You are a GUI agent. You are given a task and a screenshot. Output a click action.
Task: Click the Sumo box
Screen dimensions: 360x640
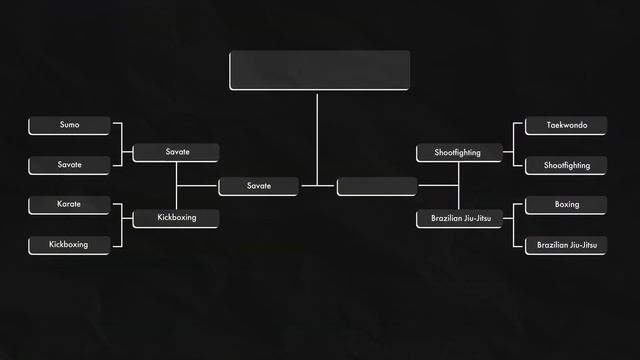point(69,125)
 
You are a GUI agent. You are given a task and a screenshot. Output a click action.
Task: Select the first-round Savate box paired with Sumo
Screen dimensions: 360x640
point(69,165)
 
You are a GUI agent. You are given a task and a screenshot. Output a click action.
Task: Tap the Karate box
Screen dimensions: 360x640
point(69,205)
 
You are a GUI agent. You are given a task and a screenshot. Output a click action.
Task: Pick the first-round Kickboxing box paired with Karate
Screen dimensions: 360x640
point(69,245)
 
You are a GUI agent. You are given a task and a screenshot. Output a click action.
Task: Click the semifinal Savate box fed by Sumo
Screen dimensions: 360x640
point(177,152)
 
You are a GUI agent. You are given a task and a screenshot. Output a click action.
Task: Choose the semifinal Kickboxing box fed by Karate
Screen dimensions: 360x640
point(177,218)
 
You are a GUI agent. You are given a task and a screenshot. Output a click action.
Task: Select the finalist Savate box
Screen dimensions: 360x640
point(258,186)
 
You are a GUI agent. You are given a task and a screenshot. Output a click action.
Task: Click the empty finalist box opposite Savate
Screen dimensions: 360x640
point(377,186)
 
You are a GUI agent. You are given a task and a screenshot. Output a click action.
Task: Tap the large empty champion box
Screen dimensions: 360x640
point(319,70)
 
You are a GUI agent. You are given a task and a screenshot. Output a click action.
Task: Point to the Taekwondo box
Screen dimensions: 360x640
point(566,126)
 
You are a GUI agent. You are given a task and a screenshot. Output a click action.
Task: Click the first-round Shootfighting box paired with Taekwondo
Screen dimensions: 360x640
point(566,165)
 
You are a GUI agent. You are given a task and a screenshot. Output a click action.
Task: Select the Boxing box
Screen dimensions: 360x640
point(566,205)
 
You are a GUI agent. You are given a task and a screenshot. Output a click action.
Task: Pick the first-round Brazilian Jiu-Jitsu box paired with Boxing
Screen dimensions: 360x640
point(566,245)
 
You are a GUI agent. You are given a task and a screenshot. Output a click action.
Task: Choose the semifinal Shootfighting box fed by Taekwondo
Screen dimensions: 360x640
point(458,153)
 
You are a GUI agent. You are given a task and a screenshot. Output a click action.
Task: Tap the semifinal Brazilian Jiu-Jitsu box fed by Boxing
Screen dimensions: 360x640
point(458,218)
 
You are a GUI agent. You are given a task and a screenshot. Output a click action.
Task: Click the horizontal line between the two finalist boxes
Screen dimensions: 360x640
point(317,186)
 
